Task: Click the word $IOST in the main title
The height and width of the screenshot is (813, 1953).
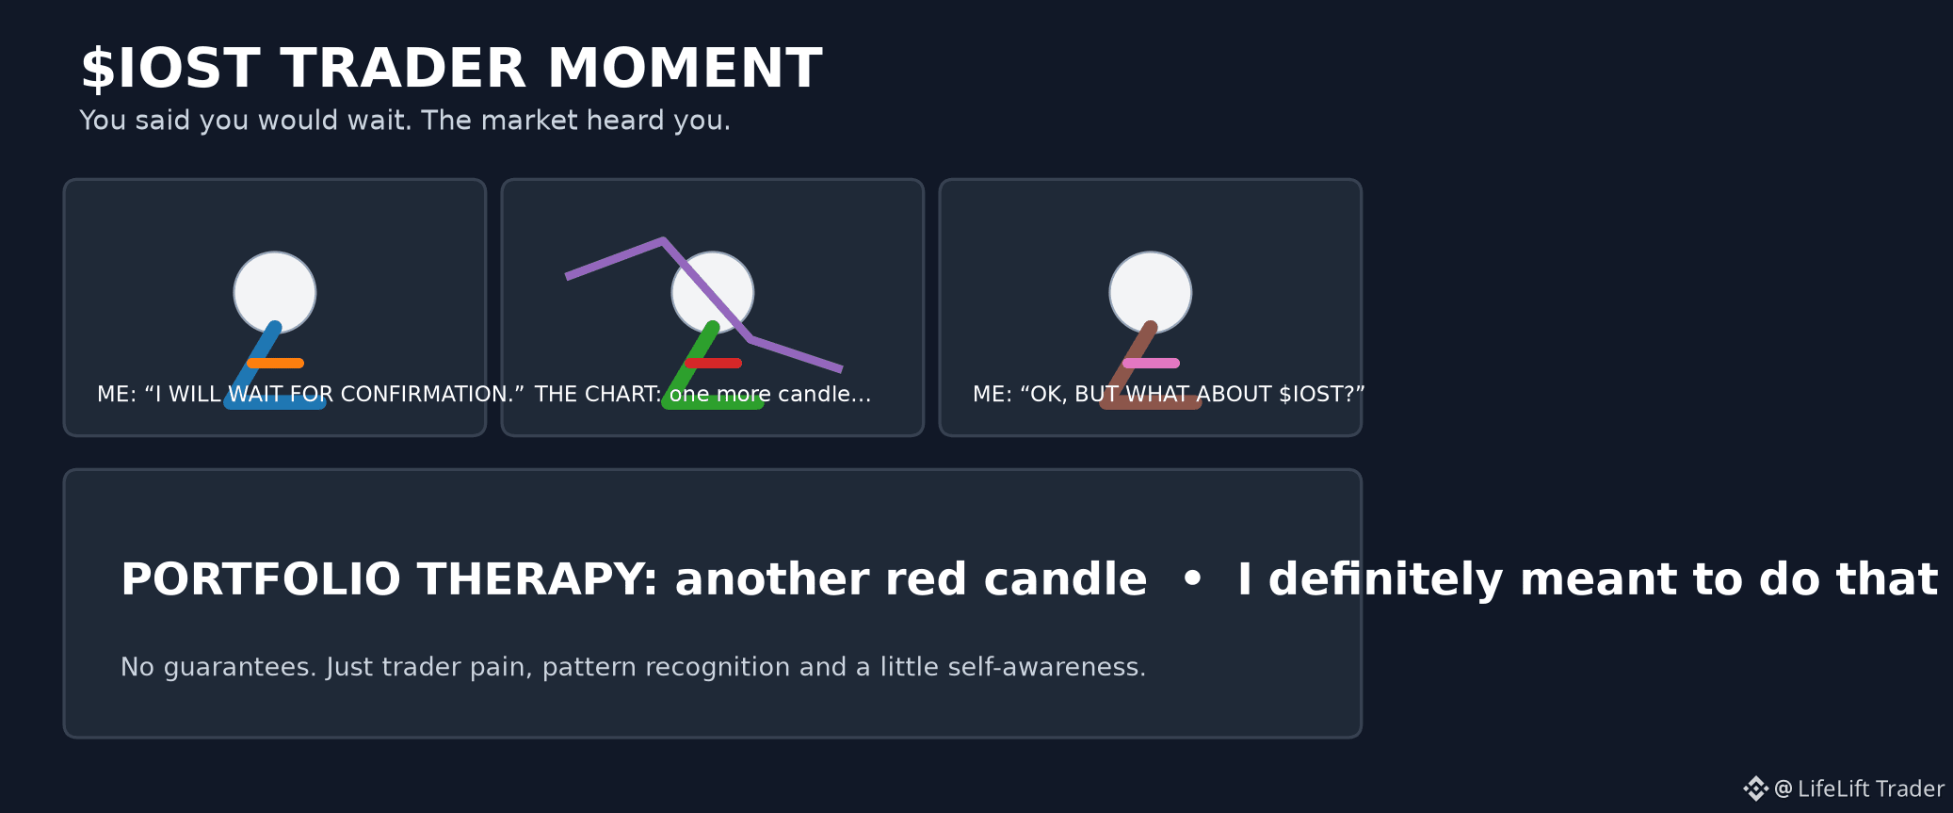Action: point(170,69)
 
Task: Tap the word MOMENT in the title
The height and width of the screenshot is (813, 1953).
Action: point(685,69)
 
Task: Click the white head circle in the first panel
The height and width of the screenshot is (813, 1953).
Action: point(275,293)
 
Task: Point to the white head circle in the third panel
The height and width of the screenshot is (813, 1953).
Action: point(1151,293)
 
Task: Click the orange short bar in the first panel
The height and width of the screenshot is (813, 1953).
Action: point(275,363)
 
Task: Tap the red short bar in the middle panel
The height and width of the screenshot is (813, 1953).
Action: point(713,363)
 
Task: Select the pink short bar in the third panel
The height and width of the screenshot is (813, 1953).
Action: point(1151,363)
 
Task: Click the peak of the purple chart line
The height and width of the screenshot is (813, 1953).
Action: point(663,240)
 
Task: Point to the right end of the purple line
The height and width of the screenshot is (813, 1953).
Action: point(841,369)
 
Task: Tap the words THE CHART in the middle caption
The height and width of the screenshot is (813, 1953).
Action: point(598,394)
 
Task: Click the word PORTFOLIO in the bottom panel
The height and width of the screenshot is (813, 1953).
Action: point(261,579)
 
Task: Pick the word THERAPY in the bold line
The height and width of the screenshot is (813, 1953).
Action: point(537,579)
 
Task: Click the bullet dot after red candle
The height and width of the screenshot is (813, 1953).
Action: point(1192,578)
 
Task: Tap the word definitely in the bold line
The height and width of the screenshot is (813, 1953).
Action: point(1386,579)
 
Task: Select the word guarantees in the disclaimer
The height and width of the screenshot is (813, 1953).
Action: point(240,667)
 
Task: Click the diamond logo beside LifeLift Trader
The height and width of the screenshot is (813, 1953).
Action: point(1755,789)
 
